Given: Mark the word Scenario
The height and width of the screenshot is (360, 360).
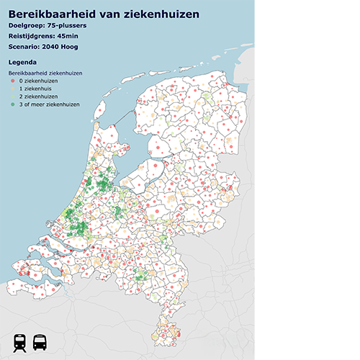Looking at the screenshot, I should point(23,47).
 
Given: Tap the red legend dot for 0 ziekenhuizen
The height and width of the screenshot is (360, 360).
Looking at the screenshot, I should point(12,81).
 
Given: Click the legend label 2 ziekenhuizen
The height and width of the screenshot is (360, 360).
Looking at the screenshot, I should point(37,96).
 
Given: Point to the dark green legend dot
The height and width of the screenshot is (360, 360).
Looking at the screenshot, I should point(12,104).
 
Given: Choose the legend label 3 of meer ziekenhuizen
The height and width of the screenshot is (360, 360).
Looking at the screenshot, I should point(50,104).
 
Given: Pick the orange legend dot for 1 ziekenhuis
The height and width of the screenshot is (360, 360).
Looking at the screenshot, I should point(12,89).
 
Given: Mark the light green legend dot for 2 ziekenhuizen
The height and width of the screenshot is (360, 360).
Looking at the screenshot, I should point(12,96).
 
